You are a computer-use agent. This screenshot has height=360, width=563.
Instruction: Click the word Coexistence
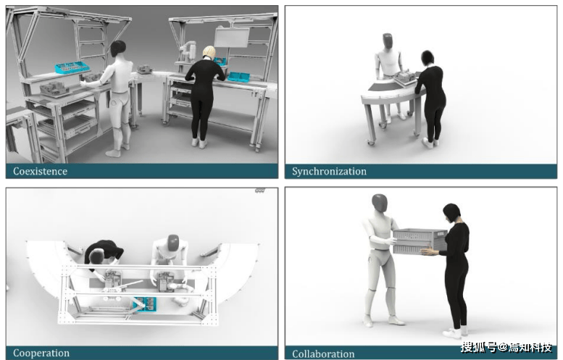41,171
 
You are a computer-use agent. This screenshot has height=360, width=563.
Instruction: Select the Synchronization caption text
329,172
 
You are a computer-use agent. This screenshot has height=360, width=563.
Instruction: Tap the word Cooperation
41,353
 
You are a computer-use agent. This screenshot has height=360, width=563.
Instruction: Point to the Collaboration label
323,354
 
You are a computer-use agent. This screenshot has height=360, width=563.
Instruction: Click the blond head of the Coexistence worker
209,51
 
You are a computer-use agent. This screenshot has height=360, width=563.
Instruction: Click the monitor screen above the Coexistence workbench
232,38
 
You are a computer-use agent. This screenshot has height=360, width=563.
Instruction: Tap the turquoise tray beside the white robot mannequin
72,67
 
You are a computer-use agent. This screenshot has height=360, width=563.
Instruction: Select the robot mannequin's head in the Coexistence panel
118,49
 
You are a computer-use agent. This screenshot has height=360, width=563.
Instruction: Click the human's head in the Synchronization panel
428,57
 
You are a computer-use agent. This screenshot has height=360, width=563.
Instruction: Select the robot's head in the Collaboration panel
380,203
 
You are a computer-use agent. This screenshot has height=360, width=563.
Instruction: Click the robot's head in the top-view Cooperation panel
173,243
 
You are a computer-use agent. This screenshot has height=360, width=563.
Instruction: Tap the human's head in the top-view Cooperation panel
96,256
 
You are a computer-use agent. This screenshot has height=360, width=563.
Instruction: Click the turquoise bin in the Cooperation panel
145,304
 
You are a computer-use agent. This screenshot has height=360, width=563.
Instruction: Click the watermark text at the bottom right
506,347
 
